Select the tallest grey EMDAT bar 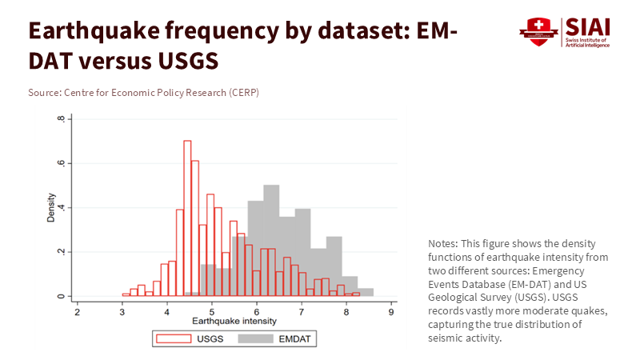click(x=271, y=240)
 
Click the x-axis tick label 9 click(x=390, y=313)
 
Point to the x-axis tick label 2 click(x=78, y=313)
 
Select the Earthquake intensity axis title click(x=234, y=322)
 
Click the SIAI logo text click(x=588, y=26)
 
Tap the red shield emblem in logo click(x=538, y=31)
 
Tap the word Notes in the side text click(x=442, y=243)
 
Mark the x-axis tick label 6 click(x=257, y=313)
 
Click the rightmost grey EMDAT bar click(x=366, y=292)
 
